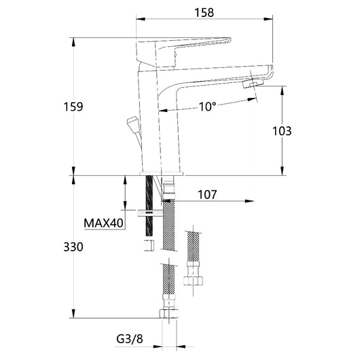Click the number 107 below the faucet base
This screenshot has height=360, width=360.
click(x=207, y=194)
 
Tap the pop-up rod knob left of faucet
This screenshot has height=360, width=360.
click(x=131, y=124)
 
